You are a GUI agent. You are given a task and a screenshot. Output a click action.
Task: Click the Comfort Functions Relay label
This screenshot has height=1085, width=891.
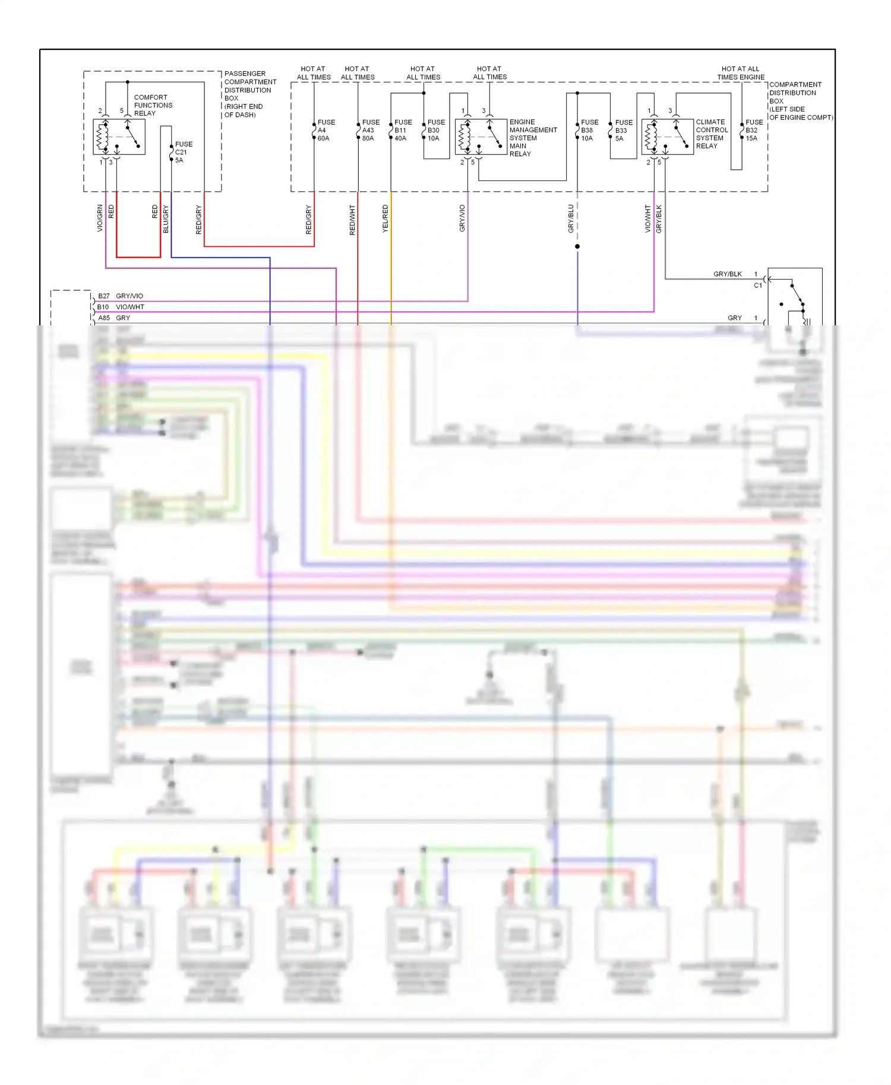point(153,105)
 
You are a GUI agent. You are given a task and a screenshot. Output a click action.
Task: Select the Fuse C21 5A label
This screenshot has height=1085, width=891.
point(183,152)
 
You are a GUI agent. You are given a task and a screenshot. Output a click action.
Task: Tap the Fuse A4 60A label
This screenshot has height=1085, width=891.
point(326,130)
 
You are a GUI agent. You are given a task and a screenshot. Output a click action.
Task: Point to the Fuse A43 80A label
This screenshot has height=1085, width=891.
point(370,130)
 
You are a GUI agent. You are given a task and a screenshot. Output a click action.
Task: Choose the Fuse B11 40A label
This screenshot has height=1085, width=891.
point(403,130)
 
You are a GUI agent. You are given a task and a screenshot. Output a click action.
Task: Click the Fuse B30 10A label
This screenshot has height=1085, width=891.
point(435,130)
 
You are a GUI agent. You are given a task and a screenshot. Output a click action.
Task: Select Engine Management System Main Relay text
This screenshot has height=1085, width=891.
point(532,138)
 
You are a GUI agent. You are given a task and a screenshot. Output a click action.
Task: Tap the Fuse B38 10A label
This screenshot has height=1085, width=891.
point(589,130)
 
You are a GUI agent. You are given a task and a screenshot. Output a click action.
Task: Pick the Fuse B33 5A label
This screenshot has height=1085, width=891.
point(623,130)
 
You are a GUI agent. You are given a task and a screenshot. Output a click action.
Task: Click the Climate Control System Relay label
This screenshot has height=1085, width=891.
point(711,134)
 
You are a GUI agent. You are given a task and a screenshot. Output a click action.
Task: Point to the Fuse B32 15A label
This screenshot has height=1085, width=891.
point(754,130)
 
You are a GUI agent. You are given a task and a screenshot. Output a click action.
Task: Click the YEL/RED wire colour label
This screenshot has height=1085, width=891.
point(385,218)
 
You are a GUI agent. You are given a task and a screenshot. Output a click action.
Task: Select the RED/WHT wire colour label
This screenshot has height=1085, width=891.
point(352,220)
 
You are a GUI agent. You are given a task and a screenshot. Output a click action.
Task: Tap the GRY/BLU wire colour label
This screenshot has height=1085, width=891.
point(571,218)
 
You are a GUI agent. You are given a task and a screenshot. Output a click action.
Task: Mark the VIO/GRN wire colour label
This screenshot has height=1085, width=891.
point(100,218)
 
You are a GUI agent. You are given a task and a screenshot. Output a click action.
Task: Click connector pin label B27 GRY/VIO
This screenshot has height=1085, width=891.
point(121,296)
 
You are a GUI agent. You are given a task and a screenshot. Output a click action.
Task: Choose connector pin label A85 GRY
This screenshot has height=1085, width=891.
point(114,318)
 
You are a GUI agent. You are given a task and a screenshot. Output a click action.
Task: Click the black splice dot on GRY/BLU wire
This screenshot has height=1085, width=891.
point(577,246)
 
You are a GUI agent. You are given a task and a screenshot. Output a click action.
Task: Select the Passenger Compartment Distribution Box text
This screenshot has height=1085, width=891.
point(249,94)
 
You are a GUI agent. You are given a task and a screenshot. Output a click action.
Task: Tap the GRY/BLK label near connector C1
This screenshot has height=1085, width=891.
point(727,274)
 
